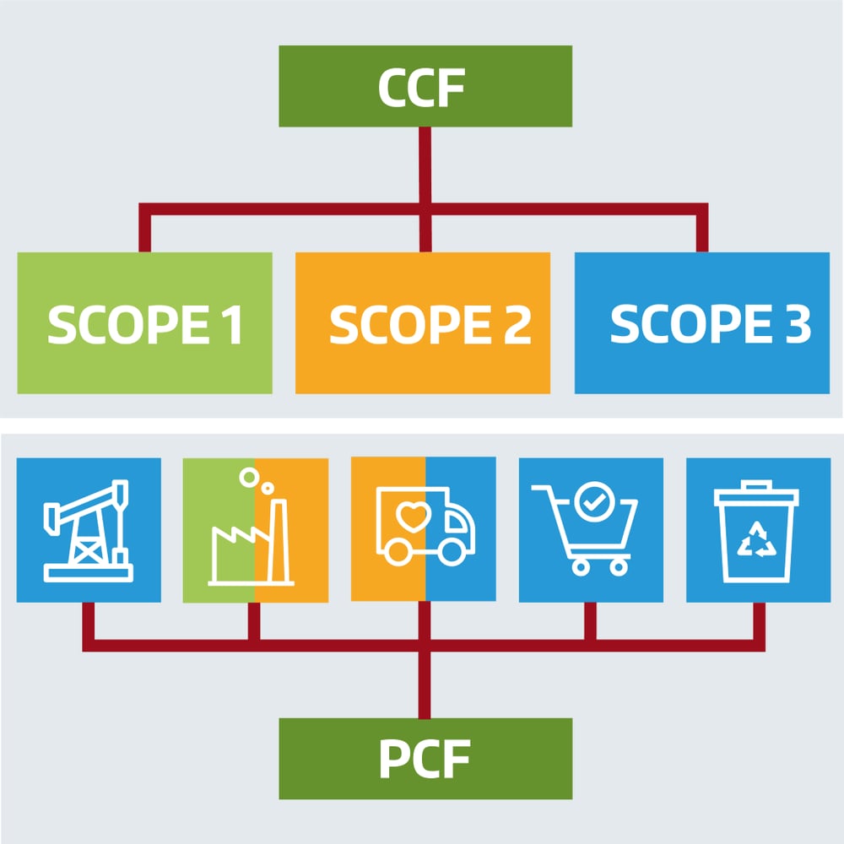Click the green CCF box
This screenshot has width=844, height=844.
pyautogui.click(x=425, y=86)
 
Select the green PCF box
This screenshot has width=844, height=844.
pyautogui.click(x=425, y=758)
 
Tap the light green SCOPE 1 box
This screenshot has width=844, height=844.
pyautogui.click(x=144, y=323)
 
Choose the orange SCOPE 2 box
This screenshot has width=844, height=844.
pyautogui.click(x=423, y=323)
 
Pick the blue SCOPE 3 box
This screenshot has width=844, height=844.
pyautogui.click(x=702, y=323)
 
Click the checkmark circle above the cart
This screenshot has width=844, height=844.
pyautogui.click(x=588, y=500)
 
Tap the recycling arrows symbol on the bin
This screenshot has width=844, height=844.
pyautogui.click(x=757, y=540)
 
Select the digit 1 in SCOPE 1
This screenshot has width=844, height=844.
pyautogui.click(x=231, y=325)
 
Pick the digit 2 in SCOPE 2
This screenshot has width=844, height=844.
pyautogui.click(x=516, y=325)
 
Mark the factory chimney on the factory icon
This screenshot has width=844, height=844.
pyautogui.click(x=278, y=532)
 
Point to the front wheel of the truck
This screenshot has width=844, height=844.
pyautogui.click(x=453, y=552)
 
